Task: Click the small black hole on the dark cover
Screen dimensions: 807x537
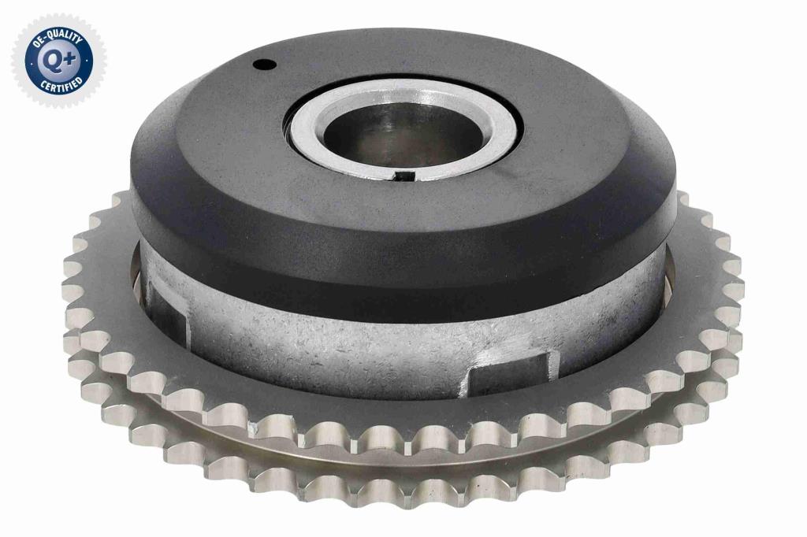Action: click(x=265, y=65)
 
